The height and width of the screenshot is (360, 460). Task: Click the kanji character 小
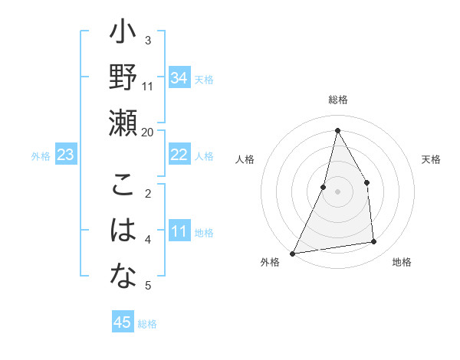tap(123, 34)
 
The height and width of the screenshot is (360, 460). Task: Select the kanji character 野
tap(123, 77)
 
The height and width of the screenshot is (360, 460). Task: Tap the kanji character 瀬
tap(123, 122)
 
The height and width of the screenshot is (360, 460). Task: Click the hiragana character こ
tap(123, 185)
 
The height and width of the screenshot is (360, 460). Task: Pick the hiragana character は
tap(123, 230)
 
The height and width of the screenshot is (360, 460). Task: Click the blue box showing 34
tap(179, 78)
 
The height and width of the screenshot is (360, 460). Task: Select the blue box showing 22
tap(179, 155)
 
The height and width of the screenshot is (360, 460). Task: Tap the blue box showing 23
tap(66, 155)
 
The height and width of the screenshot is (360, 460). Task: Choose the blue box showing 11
tap(179, 231)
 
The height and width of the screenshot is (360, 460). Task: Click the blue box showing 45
tap(123, 322)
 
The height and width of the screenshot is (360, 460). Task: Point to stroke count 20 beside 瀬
tap(148, 133)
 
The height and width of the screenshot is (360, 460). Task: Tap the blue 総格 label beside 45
tap(147, 324)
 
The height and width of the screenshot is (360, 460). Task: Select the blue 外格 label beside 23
tap(41, 156)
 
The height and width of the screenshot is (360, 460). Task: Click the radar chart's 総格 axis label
tap(337, 100)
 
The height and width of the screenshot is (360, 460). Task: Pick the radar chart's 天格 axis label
tap(431, 159)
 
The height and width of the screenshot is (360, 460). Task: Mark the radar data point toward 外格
tap(292, 253)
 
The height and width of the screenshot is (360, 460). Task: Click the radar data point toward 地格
tap(374, 242)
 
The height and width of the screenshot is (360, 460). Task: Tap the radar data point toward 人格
tap(324, 187)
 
